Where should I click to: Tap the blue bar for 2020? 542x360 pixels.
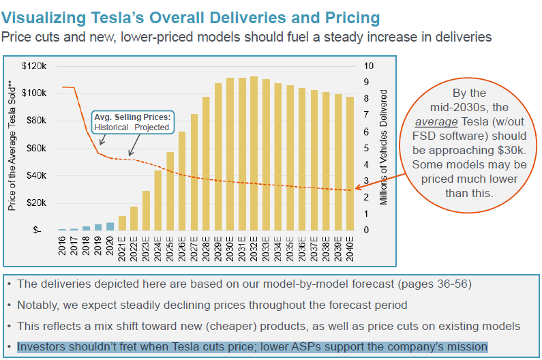pos(110,226)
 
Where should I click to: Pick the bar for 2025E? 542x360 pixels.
pos(170,191)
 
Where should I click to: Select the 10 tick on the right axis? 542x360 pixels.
pos(370,65)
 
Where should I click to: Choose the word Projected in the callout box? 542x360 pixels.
pos(151,127)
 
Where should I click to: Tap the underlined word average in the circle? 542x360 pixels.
pos(440,122)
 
